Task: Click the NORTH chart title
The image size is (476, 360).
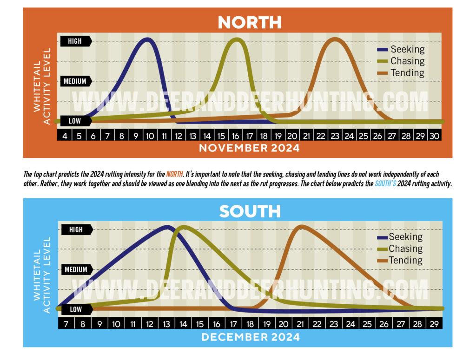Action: (x=250, y=22)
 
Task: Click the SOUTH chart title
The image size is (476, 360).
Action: (x=250, y=211)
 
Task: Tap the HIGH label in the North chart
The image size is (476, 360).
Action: (x=74, y=41)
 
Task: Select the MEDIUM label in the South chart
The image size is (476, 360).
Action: (x=76, y=269)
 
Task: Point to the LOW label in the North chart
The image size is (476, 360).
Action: (x=74, y=121)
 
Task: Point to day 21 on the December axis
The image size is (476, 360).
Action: (x=300, y=324)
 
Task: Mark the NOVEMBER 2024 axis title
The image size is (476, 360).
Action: (x=249, y=148)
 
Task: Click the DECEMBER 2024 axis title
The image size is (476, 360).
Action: (x=250, y=337)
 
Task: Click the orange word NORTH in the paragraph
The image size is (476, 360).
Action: (x=173, y=175)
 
